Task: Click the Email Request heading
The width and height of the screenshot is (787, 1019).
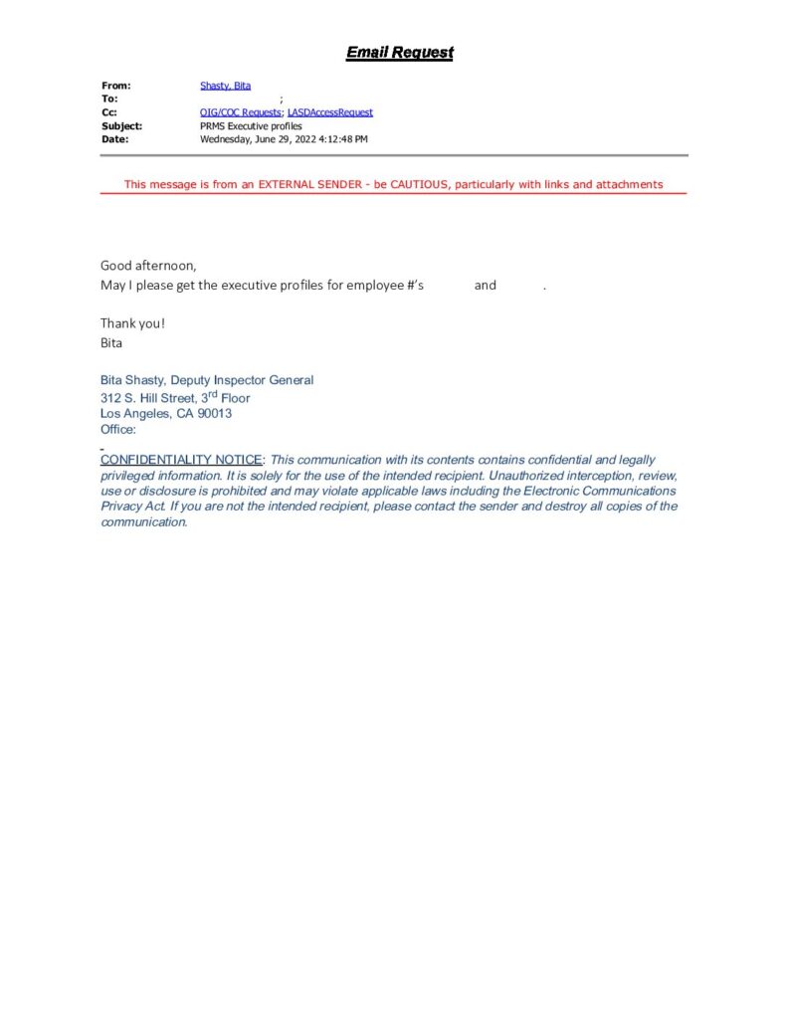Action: [399, 53]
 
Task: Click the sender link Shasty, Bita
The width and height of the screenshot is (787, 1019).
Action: [225, 87]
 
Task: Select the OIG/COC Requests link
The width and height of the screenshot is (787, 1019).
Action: [241, 112]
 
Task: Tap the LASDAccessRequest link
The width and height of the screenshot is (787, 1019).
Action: [329, 112]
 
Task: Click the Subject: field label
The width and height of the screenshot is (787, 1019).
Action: [121, 126]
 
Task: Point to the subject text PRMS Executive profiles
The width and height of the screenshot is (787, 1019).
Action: [251, 126]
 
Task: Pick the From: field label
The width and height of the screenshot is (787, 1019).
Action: [115, 87]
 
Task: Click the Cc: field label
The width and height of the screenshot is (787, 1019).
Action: [109, 112]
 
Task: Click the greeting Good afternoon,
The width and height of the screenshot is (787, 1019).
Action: [148, 265]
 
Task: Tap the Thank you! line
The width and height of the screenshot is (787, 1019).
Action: [132, 322]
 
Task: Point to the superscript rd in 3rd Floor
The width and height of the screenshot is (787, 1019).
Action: [210, 394]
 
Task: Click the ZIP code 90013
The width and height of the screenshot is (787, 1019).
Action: [215, 413]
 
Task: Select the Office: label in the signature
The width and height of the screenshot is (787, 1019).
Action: [118, 430]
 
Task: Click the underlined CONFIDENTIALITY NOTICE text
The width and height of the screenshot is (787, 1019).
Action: [181, 460]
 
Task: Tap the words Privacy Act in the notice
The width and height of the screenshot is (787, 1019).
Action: [131, 507]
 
